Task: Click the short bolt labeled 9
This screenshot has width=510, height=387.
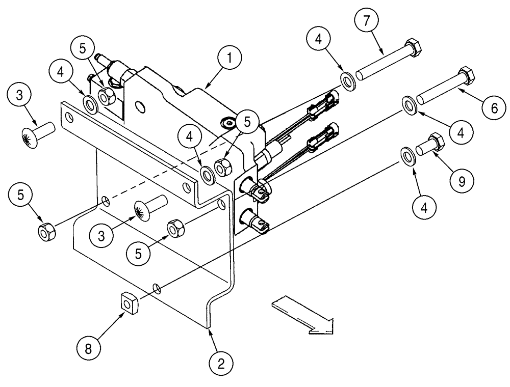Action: [x=430, y=144]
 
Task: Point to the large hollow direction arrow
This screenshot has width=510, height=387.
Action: [x=303, y=315]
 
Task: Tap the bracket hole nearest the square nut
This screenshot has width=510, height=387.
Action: [x=158, y=289]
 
